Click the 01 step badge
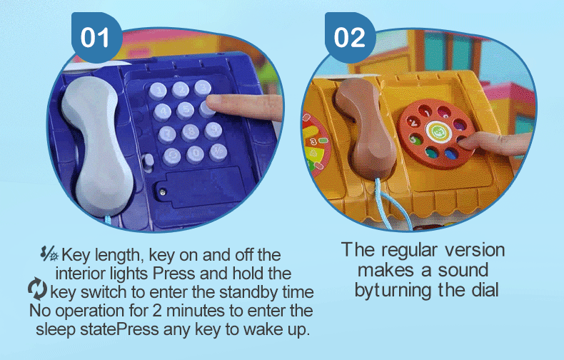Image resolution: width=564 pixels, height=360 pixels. point(96,36)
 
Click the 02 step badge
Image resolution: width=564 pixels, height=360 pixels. point(350,36)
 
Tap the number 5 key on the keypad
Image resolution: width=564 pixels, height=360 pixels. point(185,111)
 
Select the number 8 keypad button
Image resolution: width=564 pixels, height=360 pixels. point(191,132)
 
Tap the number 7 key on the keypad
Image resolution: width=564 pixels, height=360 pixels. point(167,134)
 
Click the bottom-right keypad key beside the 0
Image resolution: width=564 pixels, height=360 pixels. point(218,152)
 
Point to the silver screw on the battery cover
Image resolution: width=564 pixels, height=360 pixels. point(163,192)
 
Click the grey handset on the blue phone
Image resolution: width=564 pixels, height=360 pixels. point(97,146)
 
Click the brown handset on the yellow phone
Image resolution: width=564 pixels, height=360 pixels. point(366,129)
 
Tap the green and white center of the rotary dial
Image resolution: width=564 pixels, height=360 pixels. point(438,131)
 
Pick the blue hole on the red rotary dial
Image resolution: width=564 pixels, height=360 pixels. point(451,154)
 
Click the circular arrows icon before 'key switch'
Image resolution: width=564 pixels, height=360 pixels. point(37,289)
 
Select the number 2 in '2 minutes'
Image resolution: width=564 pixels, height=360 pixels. point(157,311)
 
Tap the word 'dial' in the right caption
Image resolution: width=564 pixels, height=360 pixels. point(485,290)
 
